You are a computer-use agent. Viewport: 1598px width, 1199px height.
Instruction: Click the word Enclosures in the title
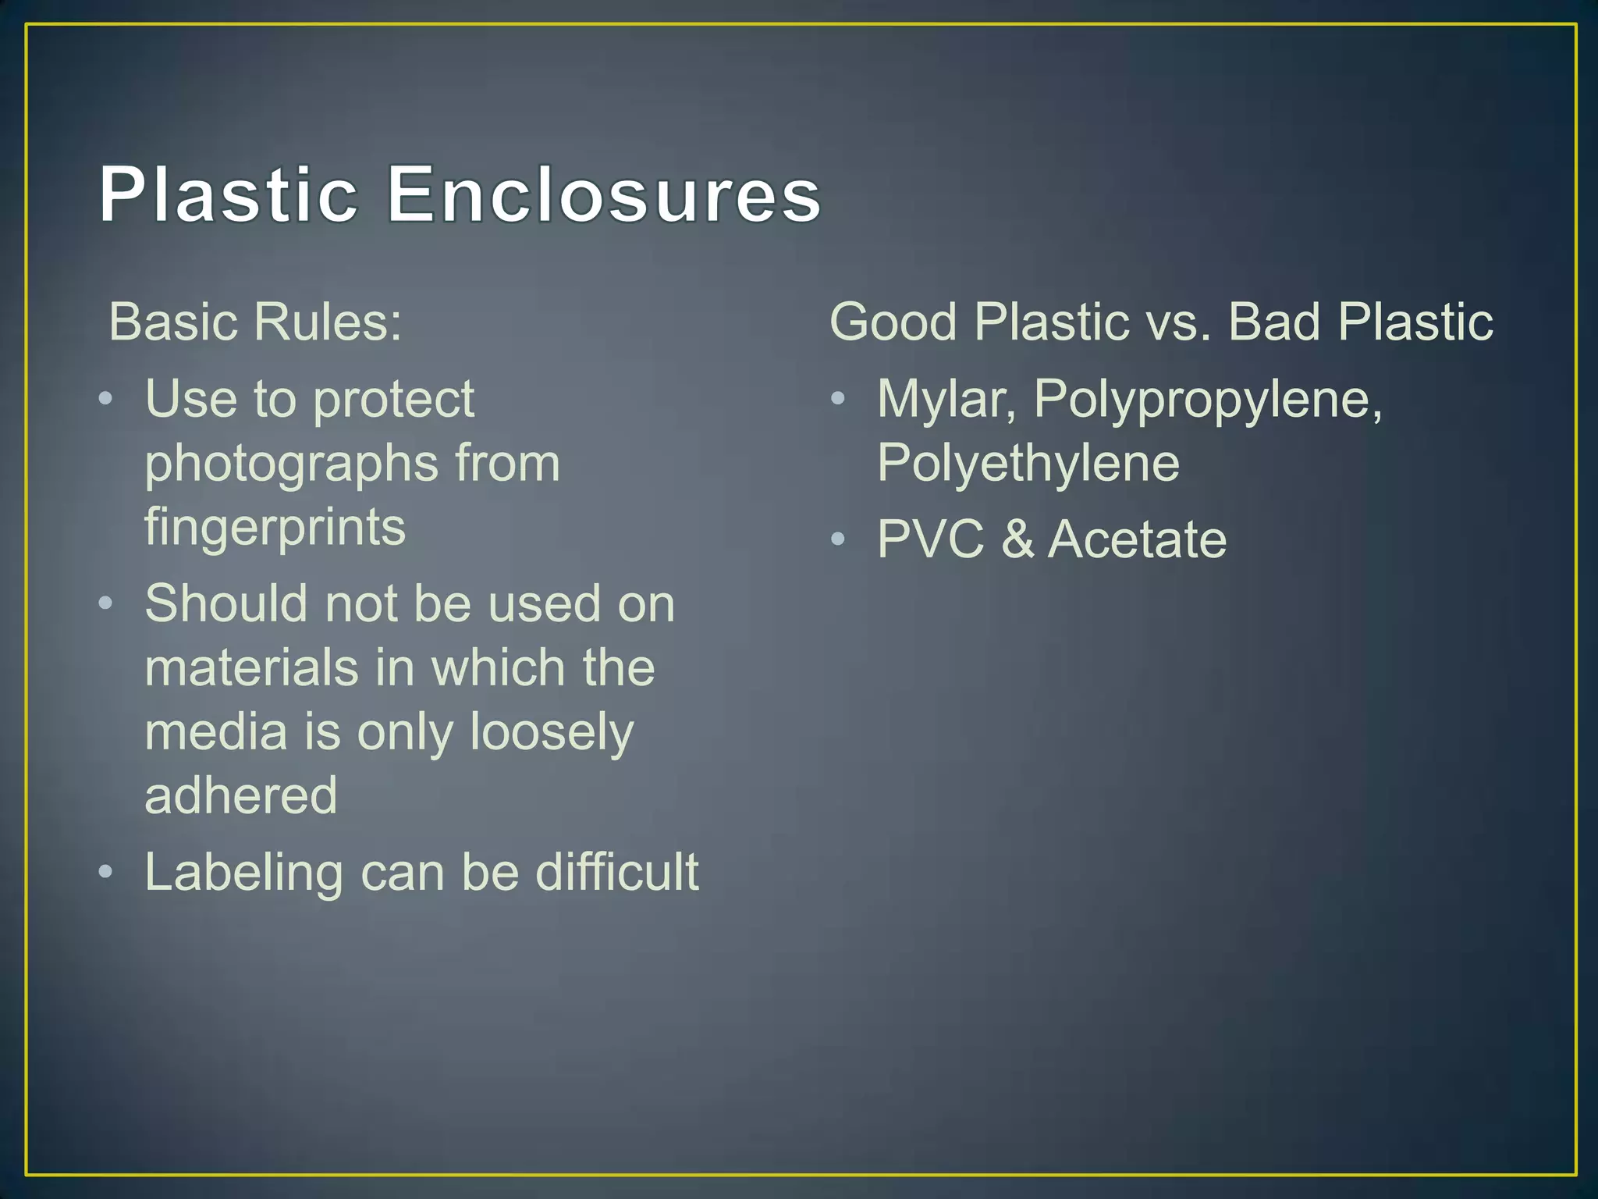603,195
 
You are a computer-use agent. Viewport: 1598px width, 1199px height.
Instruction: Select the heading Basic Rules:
255,322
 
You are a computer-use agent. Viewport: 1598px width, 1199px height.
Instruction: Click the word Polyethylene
1028,464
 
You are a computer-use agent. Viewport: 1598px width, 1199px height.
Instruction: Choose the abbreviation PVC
930,539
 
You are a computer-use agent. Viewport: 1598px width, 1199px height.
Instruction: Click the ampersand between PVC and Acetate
1017,539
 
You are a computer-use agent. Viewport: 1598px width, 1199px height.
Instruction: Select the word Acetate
1137,539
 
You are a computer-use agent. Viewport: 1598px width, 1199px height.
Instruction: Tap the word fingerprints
275,528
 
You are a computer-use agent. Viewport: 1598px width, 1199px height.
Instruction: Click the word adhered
241,795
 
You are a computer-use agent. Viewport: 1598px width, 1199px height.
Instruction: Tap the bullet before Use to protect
106,400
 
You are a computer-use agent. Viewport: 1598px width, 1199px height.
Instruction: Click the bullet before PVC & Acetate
838,539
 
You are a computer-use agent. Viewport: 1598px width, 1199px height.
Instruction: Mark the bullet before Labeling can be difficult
106,871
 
